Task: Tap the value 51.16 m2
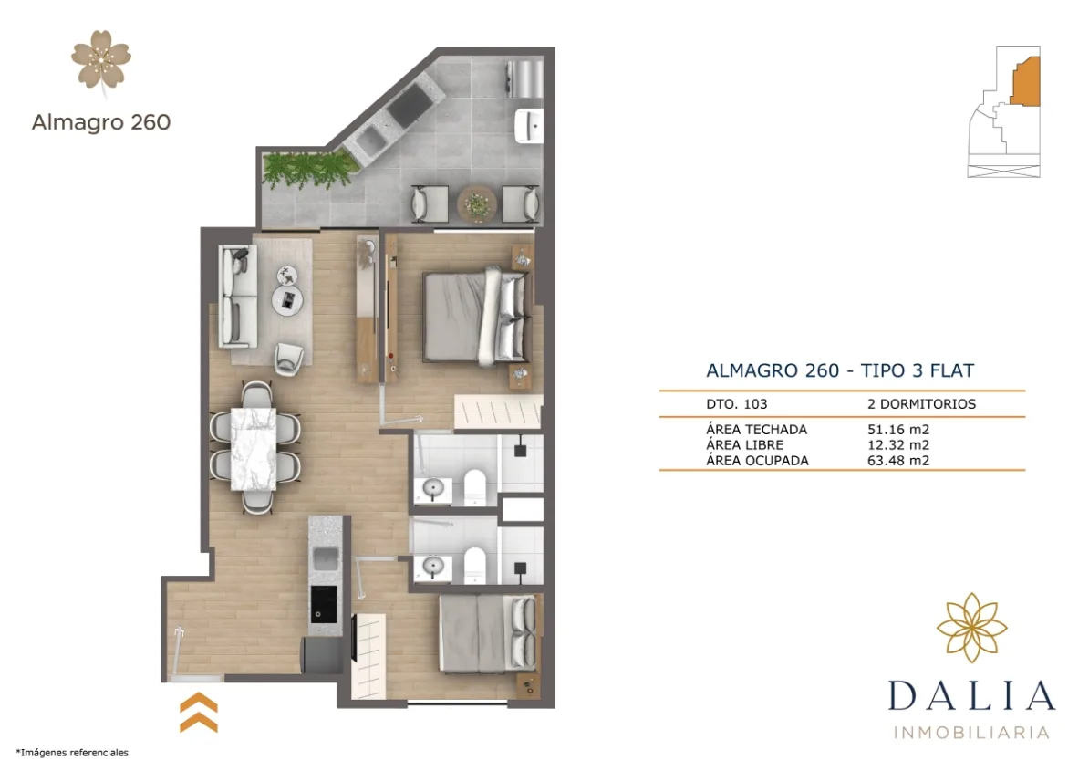(898, 429)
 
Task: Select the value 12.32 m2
(898, 444)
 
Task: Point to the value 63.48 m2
(898, 460)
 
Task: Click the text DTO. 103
(737, 403)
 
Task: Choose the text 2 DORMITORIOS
(921, 403)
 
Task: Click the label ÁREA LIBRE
(744, 444)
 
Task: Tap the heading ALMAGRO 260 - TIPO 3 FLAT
(840, 370)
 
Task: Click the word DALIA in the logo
(971, 695)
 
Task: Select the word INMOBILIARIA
(971, 732)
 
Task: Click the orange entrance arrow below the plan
(198, 713)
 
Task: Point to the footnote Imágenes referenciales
(72, 753)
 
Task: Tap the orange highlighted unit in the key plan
(1025, 81)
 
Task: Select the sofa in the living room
(233, 297)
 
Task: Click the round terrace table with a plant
(475, 203)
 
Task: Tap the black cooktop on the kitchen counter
(322, 603)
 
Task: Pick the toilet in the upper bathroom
(475, 486)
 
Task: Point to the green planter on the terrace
(306, 168)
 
